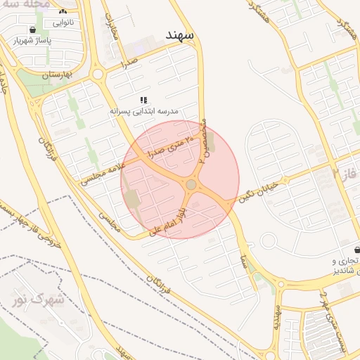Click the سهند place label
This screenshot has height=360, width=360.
point(180,34)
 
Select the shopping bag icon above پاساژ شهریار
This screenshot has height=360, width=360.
point(33,30)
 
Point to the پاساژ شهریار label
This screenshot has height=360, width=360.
point(33,40)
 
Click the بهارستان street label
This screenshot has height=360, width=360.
point(43,73)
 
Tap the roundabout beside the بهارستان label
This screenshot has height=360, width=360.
point(97,74)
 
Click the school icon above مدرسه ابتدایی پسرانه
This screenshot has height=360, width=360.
point(144,101)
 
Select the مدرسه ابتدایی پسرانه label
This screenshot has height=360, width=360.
point(144,111)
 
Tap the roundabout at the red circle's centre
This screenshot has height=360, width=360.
point(191,184)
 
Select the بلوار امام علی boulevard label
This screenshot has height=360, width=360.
point(169,219)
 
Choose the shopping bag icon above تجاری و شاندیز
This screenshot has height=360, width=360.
point(358,250)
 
